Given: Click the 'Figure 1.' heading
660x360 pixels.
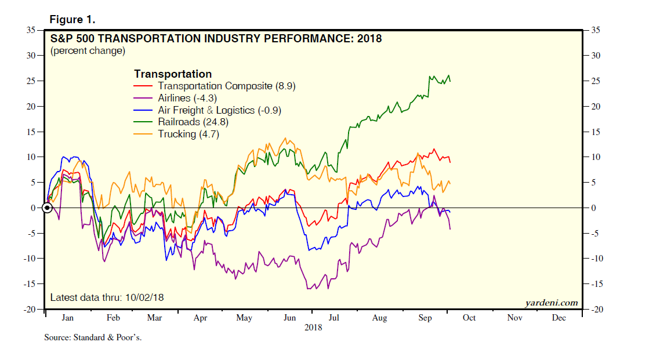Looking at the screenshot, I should point(72,20).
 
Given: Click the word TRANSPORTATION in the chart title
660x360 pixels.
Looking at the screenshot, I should point(145,39).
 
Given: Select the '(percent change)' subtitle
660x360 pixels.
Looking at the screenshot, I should point(88,51).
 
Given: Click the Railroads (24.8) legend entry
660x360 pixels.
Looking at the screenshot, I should point(190,122).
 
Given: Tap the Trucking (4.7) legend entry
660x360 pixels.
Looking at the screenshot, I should point(188,134).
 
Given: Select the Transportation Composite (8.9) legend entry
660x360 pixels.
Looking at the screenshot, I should point(223,86).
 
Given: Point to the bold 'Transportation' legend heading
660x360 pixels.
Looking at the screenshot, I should point(172,74).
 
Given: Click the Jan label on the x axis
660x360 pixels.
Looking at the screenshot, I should point(67,318).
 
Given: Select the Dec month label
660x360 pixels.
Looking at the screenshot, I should point(559,318).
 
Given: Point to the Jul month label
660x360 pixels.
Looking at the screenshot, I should point(333,318).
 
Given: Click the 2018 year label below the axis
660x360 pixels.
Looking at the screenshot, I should point(313,328).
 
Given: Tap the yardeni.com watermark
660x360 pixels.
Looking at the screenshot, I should point(552,303).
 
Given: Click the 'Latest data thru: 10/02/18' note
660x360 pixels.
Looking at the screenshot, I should point(107,297).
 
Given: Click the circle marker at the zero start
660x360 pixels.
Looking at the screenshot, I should point(48,208).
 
